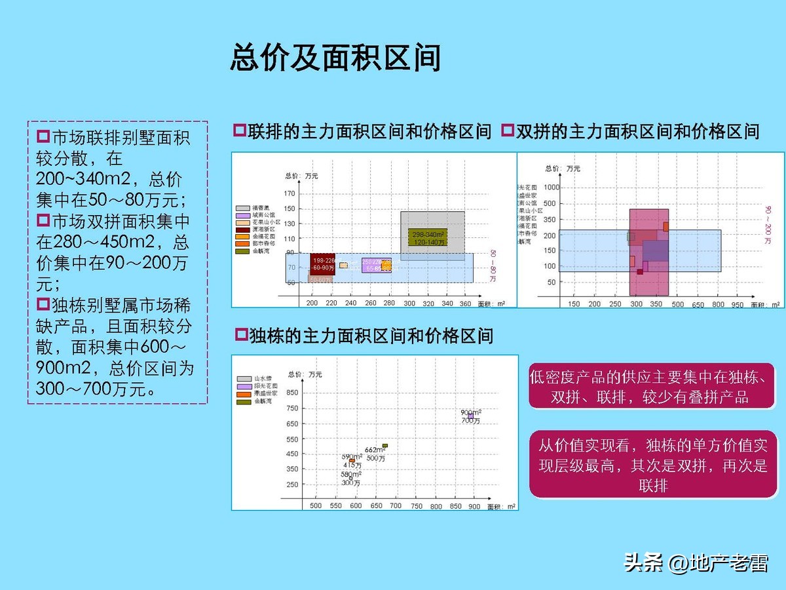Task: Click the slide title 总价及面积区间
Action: click(x=335, y=58)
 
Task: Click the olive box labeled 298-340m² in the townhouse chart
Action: click(x=428, y=237)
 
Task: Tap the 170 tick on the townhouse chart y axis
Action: click(x=289, y=194)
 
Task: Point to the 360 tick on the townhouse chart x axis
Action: click(x=466, y=304)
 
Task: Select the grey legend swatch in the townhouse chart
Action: click(x=242, y=208)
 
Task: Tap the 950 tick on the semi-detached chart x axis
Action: click(x=738, y=305)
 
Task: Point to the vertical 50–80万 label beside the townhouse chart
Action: click(x=493, y=265)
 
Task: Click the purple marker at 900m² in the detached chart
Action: click(x=470, y=416)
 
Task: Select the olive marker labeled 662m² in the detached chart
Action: click(x=385, y=446)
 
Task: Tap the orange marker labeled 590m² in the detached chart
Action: click(x=352, y=461)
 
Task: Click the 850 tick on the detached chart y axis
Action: click(x=291, y=393)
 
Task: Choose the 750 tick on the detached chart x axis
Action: click(x=416, y=507)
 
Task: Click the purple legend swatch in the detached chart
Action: click(x=242, y=386)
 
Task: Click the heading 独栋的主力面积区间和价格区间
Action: click(x=371, y=337)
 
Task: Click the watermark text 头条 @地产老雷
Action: click(x=696, y=562)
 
